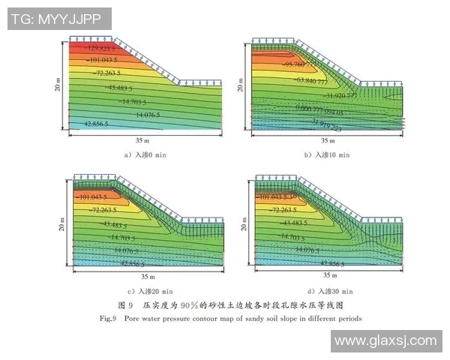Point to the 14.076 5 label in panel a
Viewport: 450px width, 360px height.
pyautogui.click(x=152, y=115)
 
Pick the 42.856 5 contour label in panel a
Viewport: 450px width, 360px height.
pyautogui.click(x=96, y=123)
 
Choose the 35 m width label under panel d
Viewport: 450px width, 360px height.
pyautogui.click(x=325, y=275)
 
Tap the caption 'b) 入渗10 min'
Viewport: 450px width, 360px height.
pyautogui.click(x=326, y=154)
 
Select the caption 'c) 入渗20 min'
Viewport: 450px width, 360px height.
pyautogui.click(x=150, y=290)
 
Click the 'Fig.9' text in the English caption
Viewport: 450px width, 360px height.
pyautogui.click(x=107, y=318)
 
